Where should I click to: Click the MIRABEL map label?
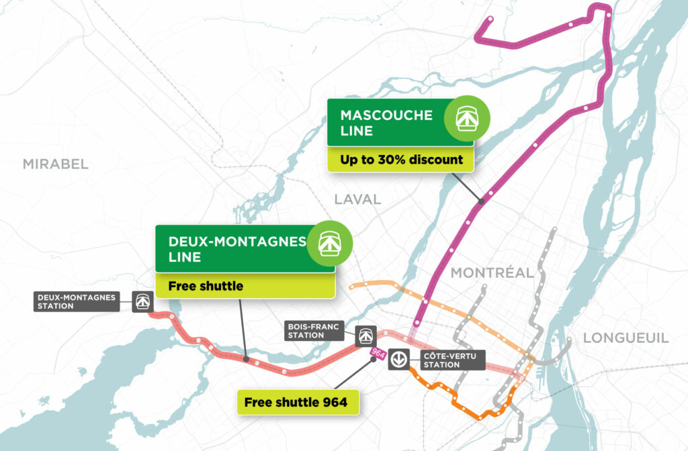[55, 164]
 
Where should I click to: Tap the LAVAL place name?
[357, 199]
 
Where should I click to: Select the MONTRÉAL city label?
[492, 272]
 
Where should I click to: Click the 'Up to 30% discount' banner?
[401, 160]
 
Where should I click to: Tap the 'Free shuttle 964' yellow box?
[296, 402]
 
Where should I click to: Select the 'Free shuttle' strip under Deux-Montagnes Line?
[245, 286]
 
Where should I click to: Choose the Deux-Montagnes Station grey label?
[77, 301]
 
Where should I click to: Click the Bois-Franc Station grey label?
[314, 330]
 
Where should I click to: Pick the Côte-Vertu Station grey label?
[450, 360]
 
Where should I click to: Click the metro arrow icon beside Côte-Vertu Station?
[398, 360]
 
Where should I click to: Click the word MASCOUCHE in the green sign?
[386, 115]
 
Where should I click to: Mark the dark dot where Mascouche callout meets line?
[481, 201]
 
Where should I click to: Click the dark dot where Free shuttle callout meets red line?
[246, 360]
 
